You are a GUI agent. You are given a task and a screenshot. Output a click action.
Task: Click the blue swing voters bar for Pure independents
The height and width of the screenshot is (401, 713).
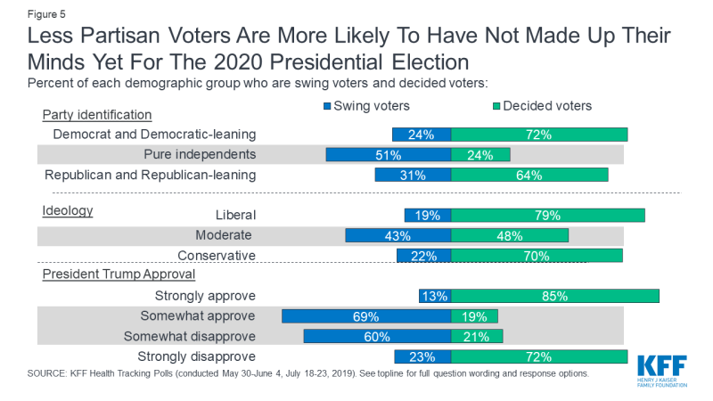[389, 155]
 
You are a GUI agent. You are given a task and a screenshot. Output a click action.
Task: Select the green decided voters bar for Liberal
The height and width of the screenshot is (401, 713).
[547, 216]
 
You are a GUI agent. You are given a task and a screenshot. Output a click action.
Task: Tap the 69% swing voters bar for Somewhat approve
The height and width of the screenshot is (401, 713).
[366, 316]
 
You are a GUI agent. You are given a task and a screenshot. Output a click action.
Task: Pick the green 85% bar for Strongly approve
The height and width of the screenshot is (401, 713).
[554, 296]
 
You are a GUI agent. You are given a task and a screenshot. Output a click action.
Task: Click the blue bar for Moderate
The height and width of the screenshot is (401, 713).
[397, 236]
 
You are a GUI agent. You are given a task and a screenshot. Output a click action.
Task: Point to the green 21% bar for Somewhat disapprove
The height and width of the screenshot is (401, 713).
[477, 337]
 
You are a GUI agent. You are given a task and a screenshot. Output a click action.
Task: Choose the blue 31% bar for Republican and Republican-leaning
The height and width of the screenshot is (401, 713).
[413, 175]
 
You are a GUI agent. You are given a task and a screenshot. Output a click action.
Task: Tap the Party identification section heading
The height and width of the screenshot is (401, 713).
[97, 115]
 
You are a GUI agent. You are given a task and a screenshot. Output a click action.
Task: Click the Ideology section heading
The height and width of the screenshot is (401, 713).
[68, 211]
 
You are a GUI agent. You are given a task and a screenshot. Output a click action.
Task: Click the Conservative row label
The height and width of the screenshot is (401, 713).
[217, 256]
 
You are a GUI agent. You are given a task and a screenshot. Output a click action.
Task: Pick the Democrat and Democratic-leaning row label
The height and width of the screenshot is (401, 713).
[154, 135]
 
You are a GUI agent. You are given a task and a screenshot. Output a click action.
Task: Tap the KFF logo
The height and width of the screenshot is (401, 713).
[663, 369]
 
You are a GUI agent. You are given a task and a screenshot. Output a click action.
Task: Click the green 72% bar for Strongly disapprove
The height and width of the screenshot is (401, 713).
[539, 356]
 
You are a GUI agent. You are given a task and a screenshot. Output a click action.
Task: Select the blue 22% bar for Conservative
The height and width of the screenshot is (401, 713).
[424, 256]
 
